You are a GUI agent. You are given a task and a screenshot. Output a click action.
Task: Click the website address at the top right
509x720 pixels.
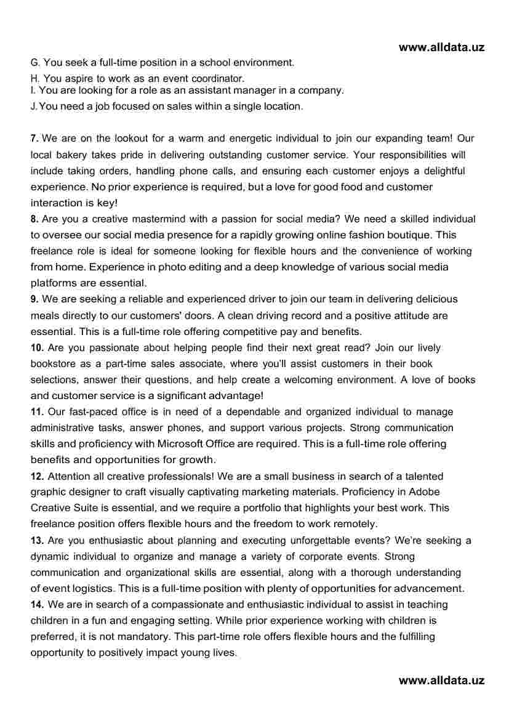[x=441, y=47]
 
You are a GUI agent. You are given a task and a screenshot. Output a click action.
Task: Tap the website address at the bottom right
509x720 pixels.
[x=441, y=680]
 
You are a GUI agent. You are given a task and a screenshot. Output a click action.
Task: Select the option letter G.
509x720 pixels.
[x=34, y=63]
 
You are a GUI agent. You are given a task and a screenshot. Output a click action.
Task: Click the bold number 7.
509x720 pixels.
[x=34, y=139]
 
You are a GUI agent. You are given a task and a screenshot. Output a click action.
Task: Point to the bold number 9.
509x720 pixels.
[x=34, y=299]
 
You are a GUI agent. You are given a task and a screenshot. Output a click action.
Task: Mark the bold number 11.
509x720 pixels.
[x=37, y=411]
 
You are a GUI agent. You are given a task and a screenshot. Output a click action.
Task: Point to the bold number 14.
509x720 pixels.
[x=37, y=604]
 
